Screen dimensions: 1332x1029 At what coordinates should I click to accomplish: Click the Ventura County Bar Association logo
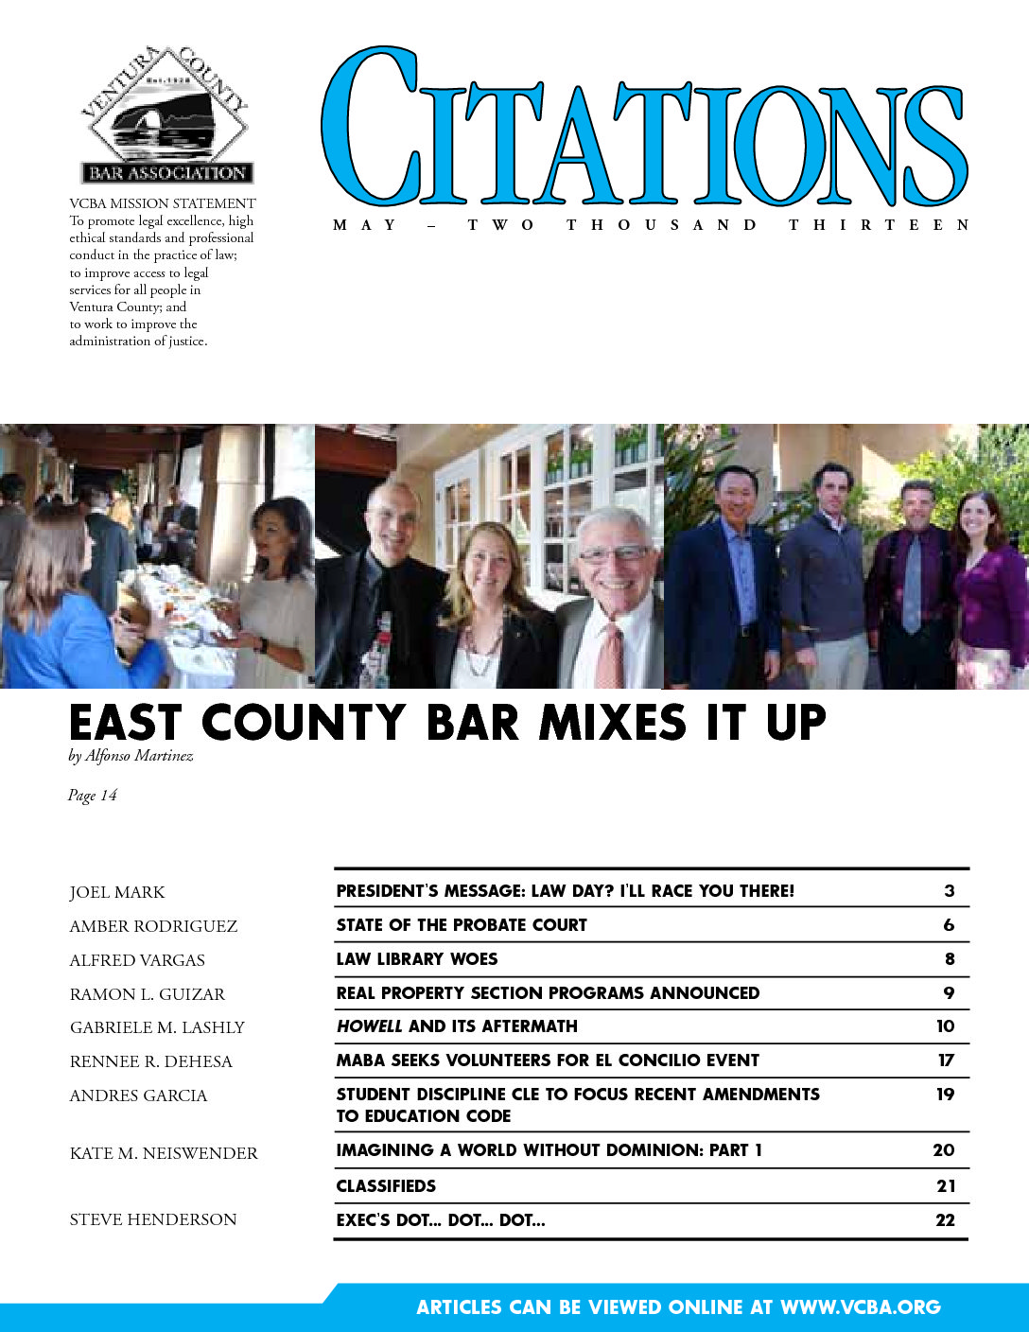pyautogui.click(x=166, y=114)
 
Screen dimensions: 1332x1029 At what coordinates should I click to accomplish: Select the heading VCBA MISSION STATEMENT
pyautogui.click(x=163, y=203)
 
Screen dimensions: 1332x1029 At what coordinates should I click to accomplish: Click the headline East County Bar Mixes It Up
pyautogui.click(x=447, y=724)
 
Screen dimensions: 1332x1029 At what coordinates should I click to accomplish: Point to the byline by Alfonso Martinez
pyautogui.click(x=131, y=756)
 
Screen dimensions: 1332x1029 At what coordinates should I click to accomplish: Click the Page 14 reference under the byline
pyautogui.click(x=92, y=796)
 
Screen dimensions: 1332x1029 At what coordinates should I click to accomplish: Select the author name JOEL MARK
pyautogui.click(x=117, y=892)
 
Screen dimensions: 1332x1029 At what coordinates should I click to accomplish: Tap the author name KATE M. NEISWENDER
pyautogui.click(x=164, y=1153)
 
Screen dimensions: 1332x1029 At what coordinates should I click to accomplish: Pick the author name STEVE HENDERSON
pyautogui.click(x=153, y=1219)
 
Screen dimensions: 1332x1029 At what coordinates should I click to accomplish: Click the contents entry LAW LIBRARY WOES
pyautogui.click(x=417, y=958)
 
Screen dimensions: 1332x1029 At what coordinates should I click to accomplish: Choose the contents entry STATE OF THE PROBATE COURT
pyautogui.click(x=462, y=924)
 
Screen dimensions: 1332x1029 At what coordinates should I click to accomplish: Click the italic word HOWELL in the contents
pyautogui.click(x=369, y=1026)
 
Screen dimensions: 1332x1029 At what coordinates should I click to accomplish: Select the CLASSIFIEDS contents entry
pyautogui.click(x=386, y=1185)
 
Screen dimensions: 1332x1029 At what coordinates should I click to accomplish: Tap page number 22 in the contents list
pyautogui.click(x=945, y=1219)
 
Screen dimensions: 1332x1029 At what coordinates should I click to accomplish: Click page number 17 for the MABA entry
pyautogui.click(x=946, y=1060)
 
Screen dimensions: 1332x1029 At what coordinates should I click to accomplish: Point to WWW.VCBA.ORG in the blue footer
pyautogui.click(x=860, y=1307)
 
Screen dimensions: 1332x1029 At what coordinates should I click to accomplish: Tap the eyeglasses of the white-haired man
pyautogui.click(x=614, y=553)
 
